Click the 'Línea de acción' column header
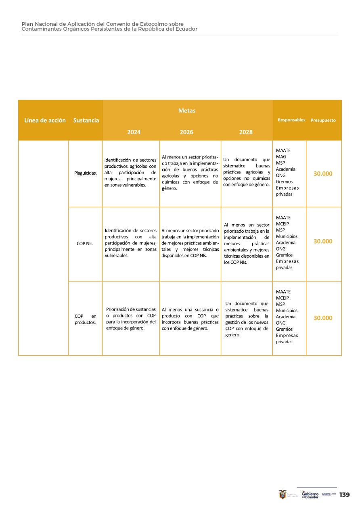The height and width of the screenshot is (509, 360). point(45,120)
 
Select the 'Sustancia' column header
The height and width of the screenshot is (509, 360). point(86,120)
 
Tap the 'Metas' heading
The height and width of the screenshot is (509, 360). point(186,111)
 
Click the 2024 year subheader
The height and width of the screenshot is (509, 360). point(134,132)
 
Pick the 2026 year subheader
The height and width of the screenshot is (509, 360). point(186,132)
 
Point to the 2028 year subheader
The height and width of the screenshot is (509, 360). point(246,132)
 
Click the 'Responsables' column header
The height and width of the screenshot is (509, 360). point(291,120)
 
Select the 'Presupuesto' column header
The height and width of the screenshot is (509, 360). point(323,120)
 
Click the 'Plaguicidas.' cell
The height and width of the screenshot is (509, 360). point(85,173)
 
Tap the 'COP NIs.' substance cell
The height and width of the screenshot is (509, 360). point(85,244)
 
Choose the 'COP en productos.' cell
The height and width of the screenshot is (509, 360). point(85,319)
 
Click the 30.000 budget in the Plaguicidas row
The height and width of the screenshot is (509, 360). point(323,173)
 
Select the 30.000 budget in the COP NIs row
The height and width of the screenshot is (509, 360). point(323,241)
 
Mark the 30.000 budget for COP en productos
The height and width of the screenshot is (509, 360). point(323,318)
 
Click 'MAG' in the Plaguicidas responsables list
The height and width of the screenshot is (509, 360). point(281,156)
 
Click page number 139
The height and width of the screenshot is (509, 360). point(344,494)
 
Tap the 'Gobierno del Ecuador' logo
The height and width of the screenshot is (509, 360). point(310,494)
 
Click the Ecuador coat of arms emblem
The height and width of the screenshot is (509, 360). point(283,494)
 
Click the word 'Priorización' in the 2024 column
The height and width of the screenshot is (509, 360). point(120,309)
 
